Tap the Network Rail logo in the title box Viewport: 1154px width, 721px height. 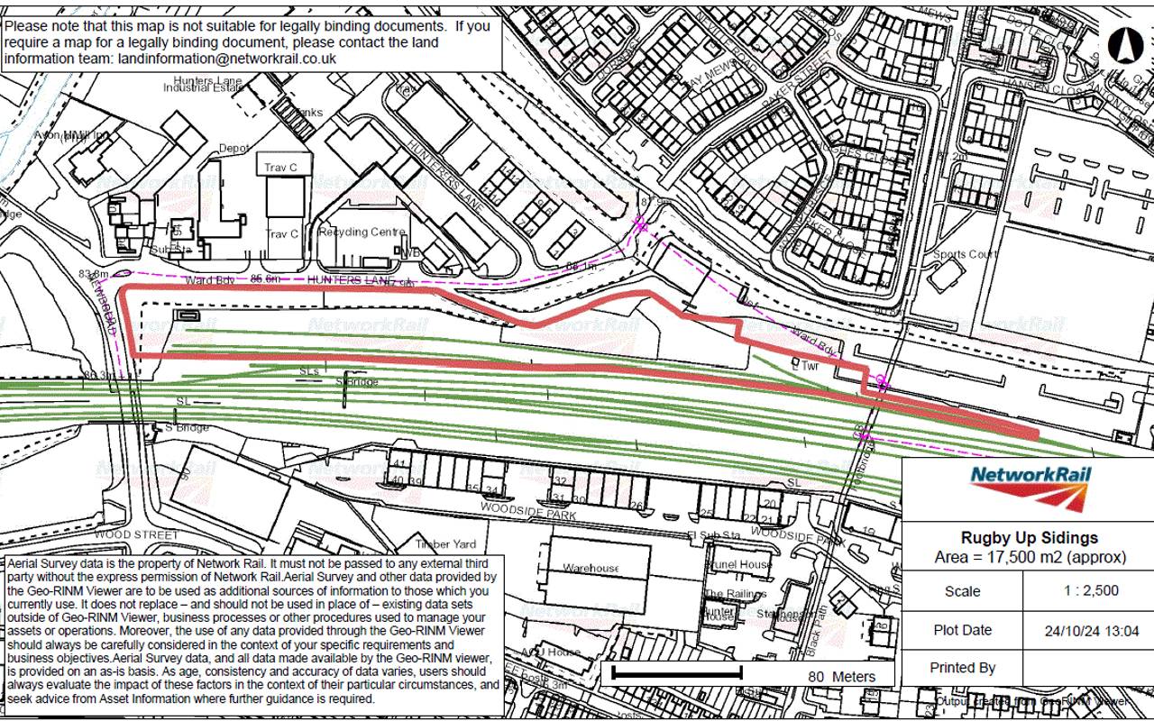click(1029, 488)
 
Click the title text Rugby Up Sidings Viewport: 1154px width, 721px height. click(1029, 538)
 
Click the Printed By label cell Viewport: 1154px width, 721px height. click(962, 668)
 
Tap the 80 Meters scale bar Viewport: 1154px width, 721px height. click(677, 672)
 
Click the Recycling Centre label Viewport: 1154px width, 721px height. click(362, 232)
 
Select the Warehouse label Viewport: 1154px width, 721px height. click(591, 568)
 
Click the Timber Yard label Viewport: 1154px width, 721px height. click(445, 544)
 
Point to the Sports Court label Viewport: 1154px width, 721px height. click(966, 254)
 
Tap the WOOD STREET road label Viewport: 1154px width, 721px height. click(136, 534)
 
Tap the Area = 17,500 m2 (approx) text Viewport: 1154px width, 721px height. click(1029, 557)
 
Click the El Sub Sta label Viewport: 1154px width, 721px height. click(713, 535)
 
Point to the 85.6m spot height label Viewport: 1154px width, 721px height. click(266, 279)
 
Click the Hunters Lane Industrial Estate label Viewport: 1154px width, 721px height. click(204, 84)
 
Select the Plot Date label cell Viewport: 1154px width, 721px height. click(962, 630)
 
